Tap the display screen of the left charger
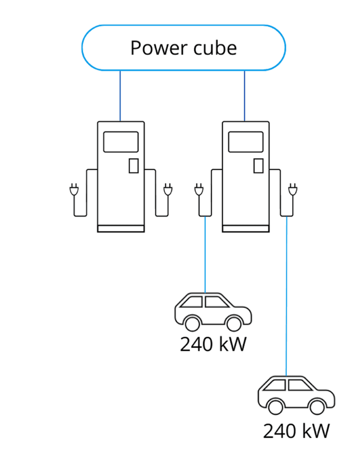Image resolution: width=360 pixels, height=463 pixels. pos(121,142)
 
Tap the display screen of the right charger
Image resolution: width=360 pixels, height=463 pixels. pos(246,142)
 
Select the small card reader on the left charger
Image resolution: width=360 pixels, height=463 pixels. pos(133,166)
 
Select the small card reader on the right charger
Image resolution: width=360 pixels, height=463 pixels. pos(258,166)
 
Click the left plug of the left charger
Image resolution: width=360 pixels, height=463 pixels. pos(74,190)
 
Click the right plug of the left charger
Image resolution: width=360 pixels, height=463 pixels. pos(168,190)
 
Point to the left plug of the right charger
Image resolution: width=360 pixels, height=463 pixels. pos(199,190)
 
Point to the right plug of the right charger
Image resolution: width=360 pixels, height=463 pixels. pos(293,190)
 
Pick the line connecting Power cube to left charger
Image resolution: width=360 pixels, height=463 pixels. pos(120,96)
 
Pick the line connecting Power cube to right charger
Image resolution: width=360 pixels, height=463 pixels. pos(244,96)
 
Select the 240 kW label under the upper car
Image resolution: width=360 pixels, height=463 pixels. pos(213,344)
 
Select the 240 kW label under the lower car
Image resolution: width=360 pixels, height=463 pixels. pos(296,431)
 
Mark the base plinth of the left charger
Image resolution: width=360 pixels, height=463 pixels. pos(121,229)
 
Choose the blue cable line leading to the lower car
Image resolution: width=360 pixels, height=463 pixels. pos(287,297)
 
